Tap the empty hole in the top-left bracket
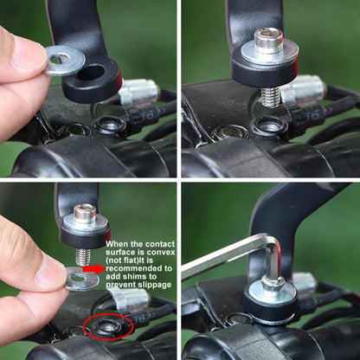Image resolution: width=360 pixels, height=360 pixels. (91, 72)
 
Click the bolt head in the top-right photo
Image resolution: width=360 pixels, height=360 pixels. (268, 40)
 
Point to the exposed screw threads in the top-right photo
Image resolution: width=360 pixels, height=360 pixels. (270, 98)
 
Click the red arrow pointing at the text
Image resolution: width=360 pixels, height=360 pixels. (94, 269)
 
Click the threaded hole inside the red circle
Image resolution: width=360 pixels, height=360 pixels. (107, 326)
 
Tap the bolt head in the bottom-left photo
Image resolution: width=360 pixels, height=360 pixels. (85, 213)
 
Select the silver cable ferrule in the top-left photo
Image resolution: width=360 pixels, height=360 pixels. (139, 92)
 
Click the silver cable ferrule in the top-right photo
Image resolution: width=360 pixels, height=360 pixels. (304, 89)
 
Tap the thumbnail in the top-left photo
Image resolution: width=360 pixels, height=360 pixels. (29, 52)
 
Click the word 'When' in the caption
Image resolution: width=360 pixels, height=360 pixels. (117, 244)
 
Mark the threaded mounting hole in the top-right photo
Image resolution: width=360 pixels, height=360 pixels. (270, 125)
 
